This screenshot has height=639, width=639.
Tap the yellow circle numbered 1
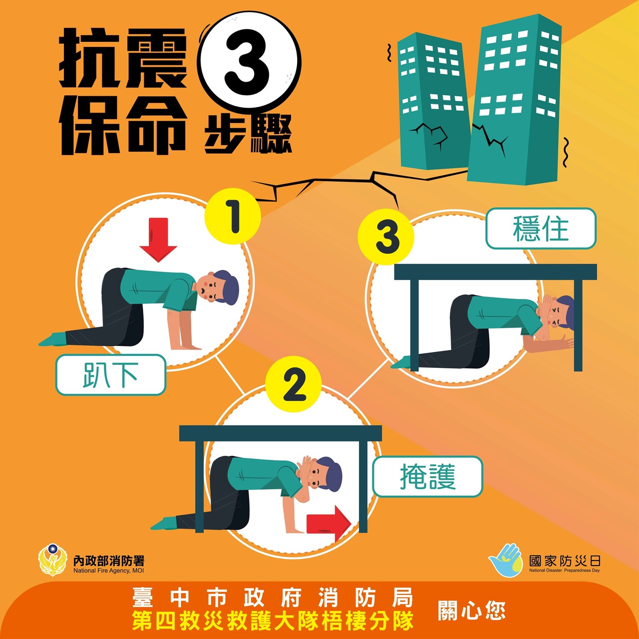233,216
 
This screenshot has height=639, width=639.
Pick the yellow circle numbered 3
386,237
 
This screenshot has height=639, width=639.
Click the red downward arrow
158,240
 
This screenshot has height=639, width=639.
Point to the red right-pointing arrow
328,524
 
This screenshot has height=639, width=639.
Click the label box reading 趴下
111,375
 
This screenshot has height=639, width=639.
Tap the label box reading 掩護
428,477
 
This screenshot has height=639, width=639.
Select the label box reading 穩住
541,229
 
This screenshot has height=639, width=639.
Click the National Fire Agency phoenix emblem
53,560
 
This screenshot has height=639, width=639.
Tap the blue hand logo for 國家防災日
506,560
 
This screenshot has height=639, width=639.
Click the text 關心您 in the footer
472,611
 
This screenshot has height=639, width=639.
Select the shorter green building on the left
434,101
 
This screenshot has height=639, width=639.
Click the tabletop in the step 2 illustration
281,433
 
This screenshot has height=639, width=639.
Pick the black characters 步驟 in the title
249,134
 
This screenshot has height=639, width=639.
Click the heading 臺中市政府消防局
273,597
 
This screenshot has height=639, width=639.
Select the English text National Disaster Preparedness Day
565,571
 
